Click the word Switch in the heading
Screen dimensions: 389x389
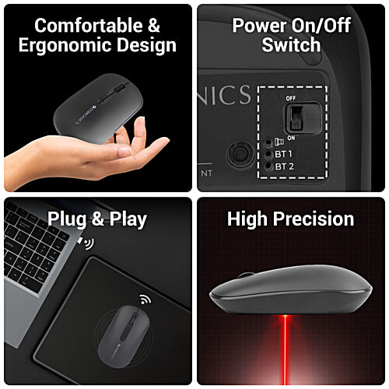291,46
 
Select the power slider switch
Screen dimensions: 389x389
296,117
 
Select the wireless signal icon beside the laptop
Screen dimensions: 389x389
87,244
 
